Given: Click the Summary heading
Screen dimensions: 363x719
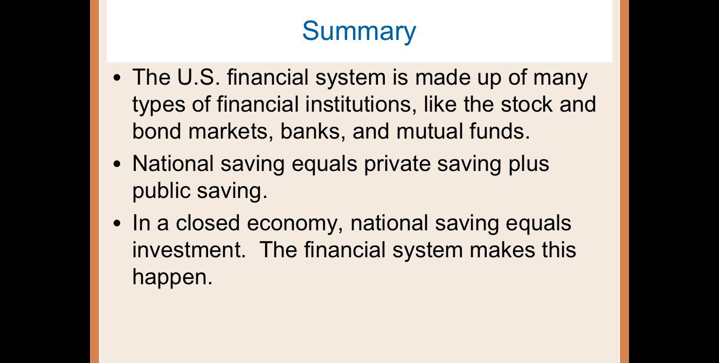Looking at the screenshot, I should (x=359, y=31).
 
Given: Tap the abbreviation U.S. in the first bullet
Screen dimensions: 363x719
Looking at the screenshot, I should (x=198, y=78).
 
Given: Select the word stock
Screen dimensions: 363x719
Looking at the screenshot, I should (x=526, y=104).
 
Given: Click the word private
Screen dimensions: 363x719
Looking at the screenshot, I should (x=397, y=163).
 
